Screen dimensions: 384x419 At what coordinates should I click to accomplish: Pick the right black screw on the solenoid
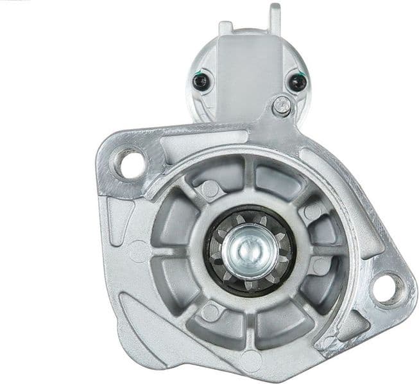[296, 82]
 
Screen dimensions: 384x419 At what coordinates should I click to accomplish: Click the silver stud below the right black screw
[280, 106]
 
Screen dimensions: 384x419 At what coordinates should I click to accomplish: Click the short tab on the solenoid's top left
[225, 28]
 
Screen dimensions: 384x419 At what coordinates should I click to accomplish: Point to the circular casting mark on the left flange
[137, 249]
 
